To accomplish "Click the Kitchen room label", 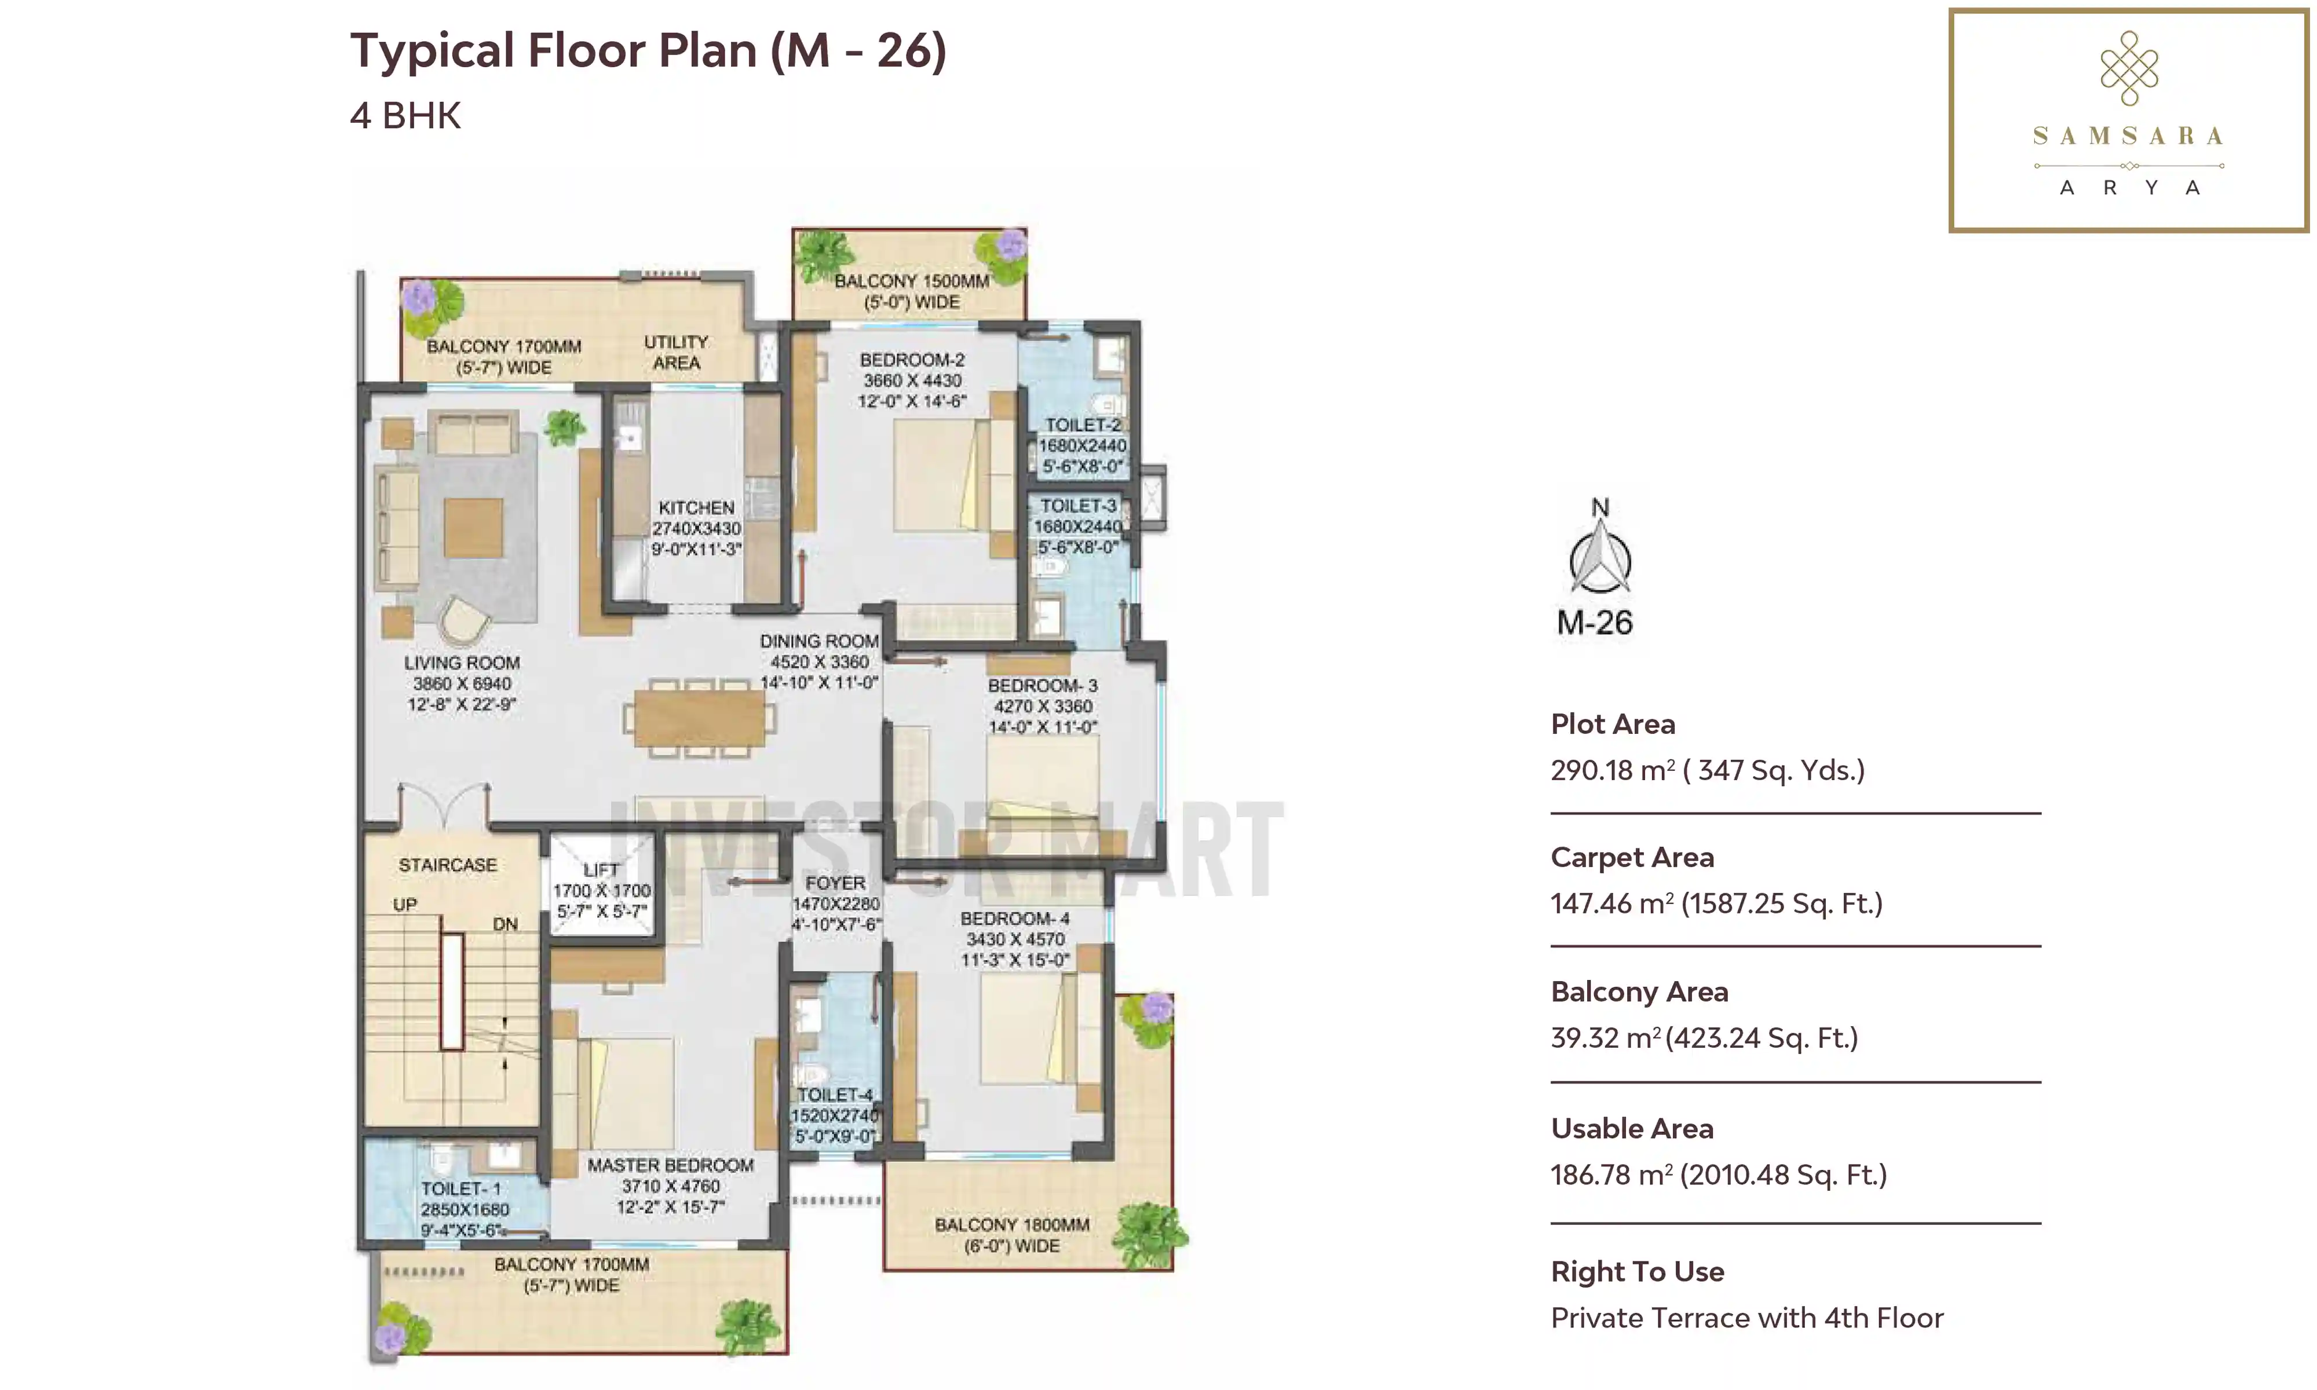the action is coord(697,528).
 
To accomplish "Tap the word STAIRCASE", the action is coord(448,865).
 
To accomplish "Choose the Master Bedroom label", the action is coord(671,1186).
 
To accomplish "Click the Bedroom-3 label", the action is coord(1043,706).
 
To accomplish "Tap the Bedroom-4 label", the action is coord(1015,938).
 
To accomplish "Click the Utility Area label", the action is coord(676,352).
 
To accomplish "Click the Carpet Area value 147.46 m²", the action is coord(1716,903).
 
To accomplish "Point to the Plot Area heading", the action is coord(1613,724).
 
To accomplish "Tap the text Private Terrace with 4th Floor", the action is coord(1746,1318).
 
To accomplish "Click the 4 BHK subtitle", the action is coord(405,116).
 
